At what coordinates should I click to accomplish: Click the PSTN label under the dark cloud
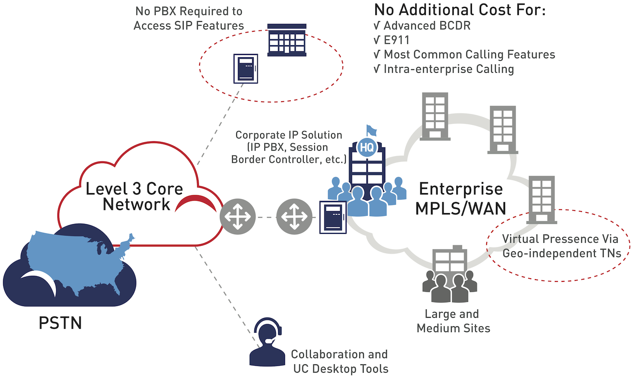[x=60, y=323]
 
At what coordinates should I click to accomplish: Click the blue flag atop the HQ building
[x=371, y=130]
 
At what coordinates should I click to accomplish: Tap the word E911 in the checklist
[x=397, y=40]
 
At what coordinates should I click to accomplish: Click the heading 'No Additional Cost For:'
[x=459, y=10]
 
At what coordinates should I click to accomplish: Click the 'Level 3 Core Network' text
[x=134, y=196]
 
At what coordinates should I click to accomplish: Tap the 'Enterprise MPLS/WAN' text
[x=460, y=198]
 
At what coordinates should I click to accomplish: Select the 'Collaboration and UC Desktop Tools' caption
[x=339, y=361]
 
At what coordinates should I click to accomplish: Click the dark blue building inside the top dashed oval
[x=286, y=40]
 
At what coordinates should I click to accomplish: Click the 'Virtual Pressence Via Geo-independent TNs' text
[x=561, y=246]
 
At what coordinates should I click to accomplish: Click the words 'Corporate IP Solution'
[x=288, y=135]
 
